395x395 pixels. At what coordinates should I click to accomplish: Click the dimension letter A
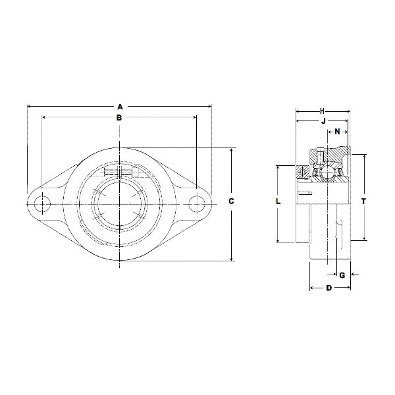pos(119,105)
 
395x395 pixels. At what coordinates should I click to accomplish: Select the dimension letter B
pos(119,118)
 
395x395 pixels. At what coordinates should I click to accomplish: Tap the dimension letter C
pos(232,201)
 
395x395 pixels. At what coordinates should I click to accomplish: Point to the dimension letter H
pos(323,110)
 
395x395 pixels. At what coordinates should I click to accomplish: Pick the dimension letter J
pos(323,122)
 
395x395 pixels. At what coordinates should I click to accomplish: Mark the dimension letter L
pos(278,202)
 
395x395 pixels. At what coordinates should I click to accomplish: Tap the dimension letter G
pos(342,275)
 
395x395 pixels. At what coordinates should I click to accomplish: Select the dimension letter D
pos(329,288)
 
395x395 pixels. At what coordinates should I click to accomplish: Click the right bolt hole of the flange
pos(196,204)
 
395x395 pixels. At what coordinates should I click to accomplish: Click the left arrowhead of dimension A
pos(30,105)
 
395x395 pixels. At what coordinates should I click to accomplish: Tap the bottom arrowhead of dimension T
pos(363,238)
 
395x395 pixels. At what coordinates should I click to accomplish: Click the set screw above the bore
pos(119,172)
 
